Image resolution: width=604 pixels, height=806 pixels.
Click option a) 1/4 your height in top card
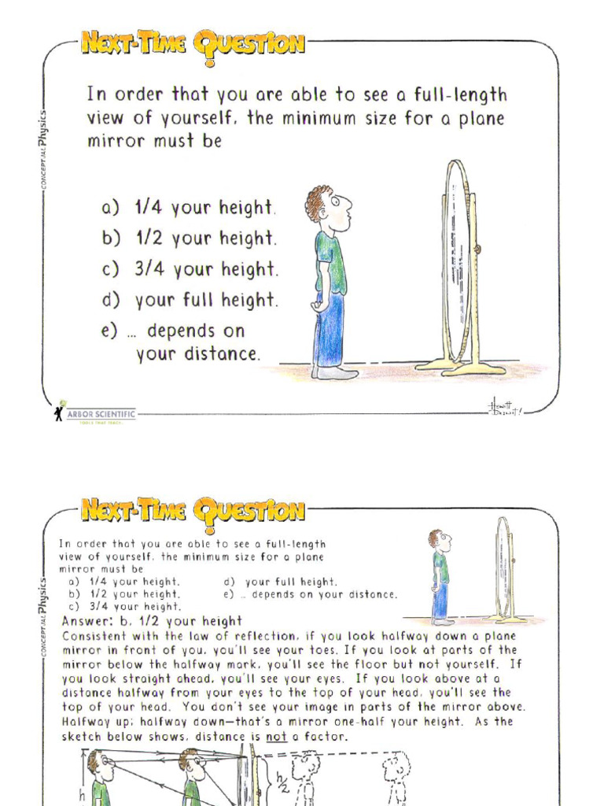pyautogui.click(x=189, y=208)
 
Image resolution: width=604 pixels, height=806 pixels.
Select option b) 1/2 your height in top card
pyautogui.click(x=189, y=238)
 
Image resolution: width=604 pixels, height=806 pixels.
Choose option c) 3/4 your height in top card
pyautogui.click(x=190, y=269)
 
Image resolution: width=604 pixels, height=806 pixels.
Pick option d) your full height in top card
pyautogui.click(x=190, y=300)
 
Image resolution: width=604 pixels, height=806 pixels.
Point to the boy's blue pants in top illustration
pyautogui.click(x=329, y=329)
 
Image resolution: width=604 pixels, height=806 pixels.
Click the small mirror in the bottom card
pyautogui.click(x=503, y=568)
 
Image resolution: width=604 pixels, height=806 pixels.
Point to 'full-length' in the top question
pyautogui.click(x=455, y=96)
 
